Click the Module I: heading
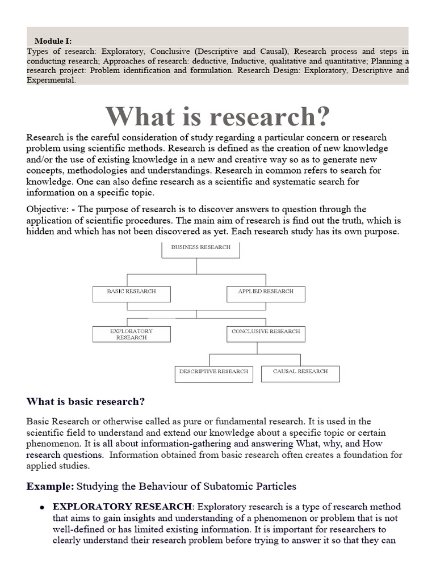53,41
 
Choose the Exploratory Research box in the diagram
131,334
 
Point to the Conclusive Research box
266,334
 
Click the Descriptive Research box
213,373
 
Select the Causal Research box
300,373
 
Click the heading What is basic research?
86,402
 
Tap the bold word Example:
50,486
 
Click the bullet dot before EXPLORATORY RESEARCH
42,507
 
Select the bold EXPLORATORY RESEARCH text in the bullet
122,507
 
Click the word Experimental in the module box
51,80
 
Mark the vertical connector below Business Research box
196,266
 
